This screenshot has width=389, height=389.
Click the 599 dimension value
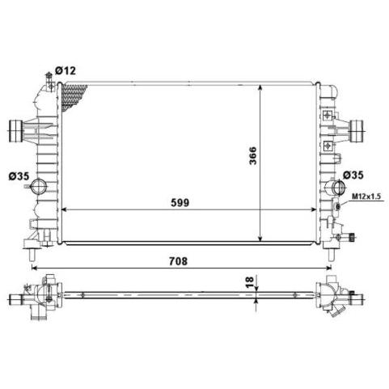click(180, 202)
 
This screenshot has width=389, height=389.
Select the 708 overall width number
click(178, 261)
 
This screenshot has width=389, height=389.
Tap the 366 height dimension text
click(253, 156)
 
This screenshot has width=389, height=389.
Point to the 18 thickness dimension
click(250, 281)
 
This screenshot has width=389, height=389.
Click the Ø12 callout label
click(66, 70)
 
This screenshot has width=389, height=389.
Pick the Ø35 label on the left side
click(19, 176)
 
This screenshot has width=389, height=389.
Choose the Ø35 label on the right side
click(353, 175)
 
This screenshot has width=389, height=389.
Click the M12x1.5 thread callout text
click(366, 197)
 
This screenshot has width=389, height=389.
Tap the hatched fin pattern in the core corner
click(72, 95)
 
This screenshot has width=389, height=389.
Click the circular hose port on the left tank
click(39, 186)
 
